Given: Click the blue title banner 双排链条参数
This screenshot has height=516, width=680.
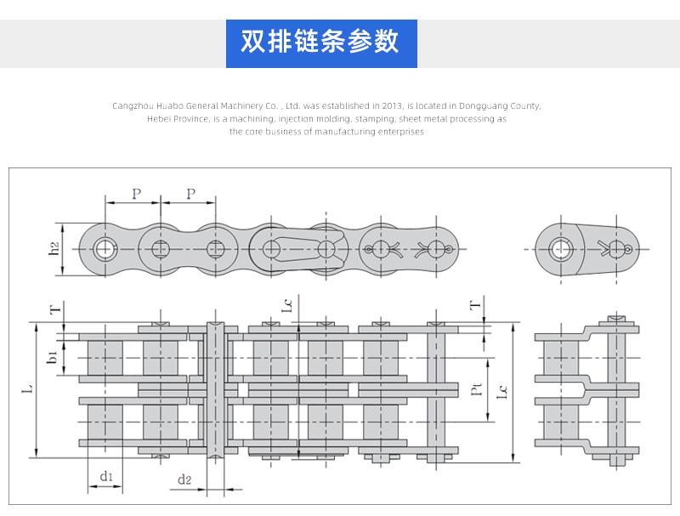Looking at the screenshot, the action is click(321, 43).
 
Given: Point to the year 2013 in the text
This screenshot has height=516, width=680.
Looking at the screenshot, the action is click(392, 105).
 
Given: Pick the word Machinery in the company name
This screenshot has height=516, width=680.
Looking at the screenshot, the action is click(241, 105).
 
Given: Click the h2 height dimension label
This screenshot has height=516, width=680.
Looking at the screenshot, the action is click(54, 249).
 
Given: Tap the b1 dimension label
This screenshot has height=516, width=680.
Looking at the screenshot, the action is click(52, 358).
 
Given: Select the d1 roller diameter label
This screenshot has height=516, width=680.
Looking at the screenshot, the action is click(105, 477).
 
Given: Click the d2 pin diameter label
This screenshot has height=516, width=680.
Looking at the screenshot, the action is click(184, 479).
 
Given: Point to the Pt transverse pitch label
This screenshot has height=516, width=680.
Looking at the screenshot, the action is click(476, 389).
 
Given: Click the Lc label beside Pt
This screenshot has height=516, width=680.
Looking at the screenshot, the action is click(502, 392).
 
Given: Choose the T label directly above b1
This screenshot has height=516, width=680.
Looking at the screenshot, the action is click(55, 309).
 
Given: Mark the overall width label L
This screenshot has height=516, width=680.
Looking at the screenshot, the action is click(27, 388).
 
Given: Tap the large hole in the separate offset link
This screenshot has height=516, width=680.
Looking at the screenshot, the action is click(561, 250).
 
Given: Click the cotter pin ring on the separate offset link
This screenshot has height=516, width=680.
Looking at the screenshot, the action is click(628, 249).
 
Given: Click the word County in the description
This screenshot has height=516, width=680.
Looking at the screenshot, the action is click(525, 105).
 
